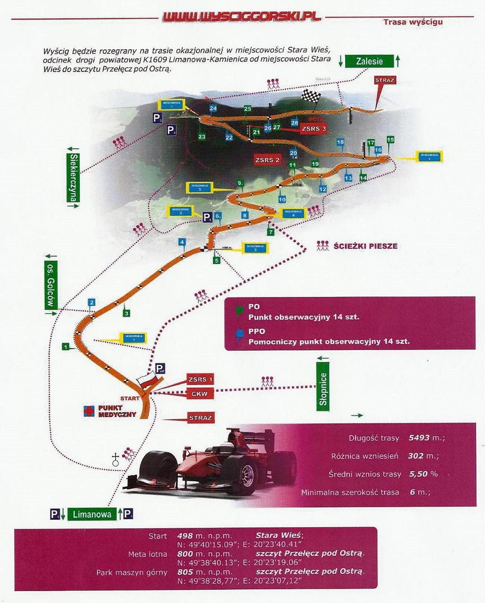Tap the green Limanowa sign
click(92, 514)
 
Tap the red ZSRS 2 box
click(268, 160)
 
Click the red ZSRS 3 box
click(314, 128)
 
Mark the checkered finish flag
click(311, 96)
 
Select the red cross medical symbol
click(89, 411)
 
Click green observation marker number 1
click(65, 347)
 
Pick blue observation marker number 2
click(91, 302)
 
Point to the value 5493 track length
click(419, 438)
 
